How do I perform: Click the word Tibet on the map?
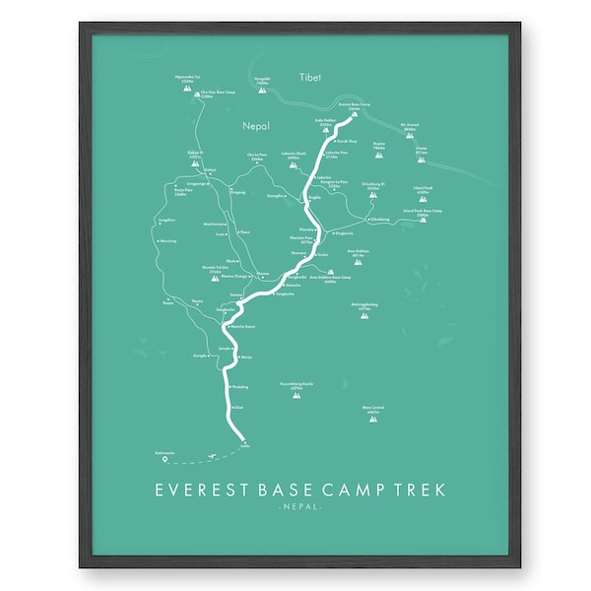click(312, 77)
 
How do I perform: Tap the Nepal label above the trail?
click(256, 126)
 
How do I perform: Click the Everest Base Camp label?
click(353, 104)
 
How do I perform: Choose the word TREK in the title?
click(420, 490)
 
